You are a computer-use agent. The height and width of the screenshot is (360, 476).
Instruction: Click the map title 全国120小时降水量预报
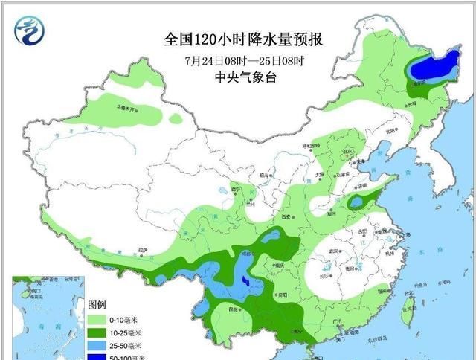237,37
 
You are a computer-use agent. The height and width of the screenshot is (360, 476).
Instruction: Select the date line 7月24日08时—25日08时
237,60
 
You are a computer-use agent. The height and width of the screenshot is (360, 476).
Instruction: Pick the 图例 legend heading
97,305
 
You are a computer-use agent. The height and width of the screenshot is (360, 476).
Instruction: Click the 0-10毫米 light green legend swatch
97,319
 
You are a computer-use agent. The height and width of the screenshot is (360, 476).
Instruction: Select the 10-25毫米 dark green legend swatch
97,332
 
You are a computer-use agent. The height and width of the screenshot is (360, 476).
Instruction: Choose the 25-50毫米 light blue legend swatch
97,346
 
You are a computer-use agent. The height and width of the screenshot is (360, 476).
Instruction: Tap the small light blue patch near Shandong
358,202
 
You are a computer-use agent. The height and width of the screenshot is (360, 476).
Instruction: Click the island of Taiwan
407,313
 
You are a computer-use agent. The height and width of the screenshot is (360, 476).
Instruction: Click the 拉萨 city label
142,251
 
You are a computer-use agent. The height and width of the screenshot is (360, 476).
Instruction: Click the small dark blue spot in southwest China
245,280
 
